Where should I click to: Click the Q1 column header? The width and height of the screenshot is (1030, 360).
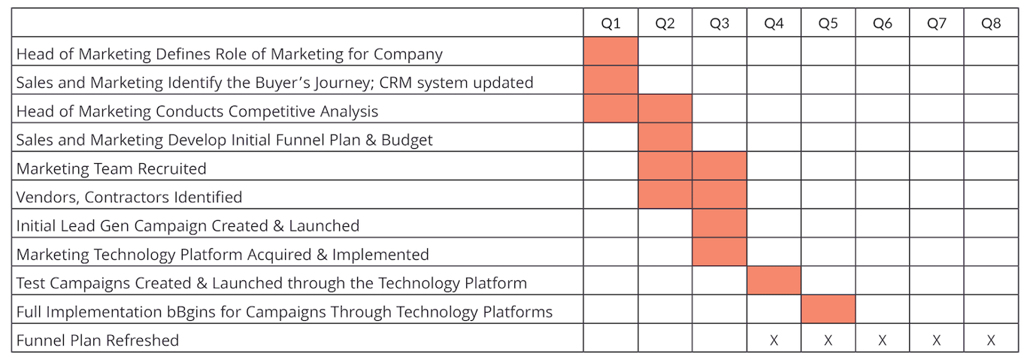pyautogui.click(x=610, y=23)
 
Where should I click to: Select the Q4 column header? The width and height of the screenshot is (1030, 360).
pyautogui.click(x=774, y=23)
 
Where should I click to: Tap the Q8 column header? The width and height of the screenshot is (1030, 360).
pyautogui.click(x=991, y=23)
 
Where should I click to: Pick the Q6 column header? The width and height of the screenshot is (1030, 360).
pyautogui.click(x=882, y=23)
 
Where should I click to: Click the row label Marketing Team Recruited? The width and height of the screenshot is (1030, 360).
pyautogui.click(x=111, y=168)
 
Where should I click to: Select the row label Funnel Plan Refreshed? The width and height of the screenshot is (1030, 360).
pyautogui.click(x=98, y=340)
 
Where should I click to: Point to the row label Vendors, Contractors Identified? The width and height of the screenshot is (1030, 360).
pyautogui.click(x=129, y=198)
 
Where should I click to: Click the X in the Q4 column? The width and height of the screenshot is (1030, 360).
pyautogui.click(x=774, y=340)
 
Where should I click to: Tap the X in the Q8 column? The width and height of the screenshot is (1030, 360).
pyautogui.click(x=991, y=340)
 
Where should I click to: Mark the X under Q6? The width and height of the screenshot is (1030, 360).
pyautogui.click(x=882, y=340)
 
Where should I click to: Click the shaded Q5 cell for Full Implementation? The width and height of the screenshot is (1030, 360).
pyautogui.click(x=828, y=309)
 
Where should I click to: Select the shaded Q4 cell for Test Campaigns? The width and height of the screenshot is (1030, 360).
pyautogui.click(x=774, y=280)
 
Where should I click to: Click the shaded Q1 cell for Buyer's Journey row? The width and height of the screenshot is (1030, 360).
pyautogui.click(x=610, y=80)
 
